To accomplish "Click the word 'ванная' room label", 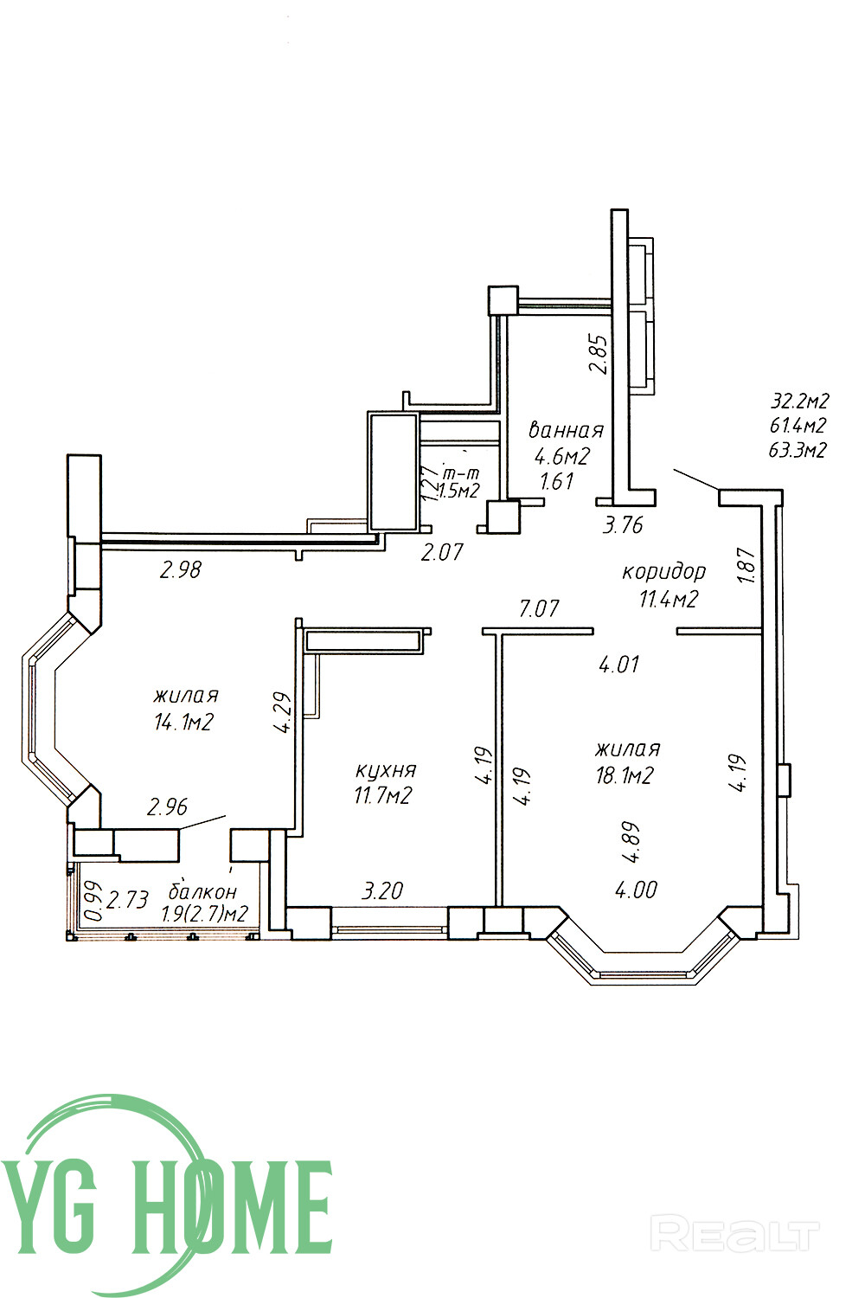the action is pyautogui.click(x=566, y=430).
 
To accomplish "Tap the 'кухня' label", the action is pyautogui.click(x=385, y=770).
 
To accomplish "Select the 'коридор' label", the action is pyautogui.click(x=664, y=573).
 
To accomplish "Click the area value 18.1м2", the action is pyautogui.click(x=625, y=774).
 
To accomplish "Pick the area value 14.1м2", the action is pyautogui.click(x=183, y=722).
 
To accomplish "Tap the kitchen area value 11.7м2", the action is pyautogui.click(x=382, y=795).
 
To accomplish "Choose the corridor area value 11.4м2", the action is pyautogui.click(x=668, y=598).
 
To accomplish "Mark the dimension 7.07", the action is pyautogui.click(x=538, y=608).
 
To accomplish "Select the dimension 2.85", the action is pyautogui.click(x=598, y=354).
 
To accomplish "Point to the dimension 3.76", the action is pyautogui.click(x=623, y=525).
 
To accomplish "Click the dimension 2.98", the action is pyautogui.click(x=181, y=570).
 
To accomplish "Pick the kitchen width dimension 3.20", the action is pyautogui.click(x=381, y=890).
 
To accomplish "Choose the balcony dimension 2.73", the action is pyautogui.click(x=128, y=899).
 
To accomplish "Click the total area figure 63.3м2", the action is pyautogui.click(x=798, y=450).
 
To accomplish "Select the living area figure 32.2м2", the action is pyautogui.click(x=799, y=401).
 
